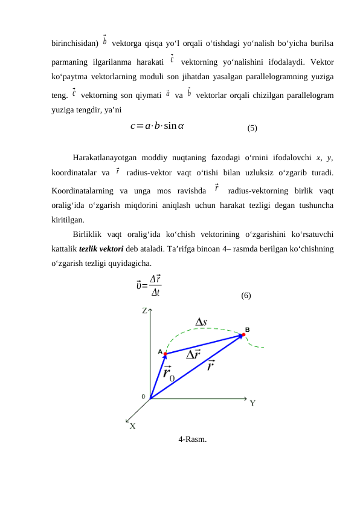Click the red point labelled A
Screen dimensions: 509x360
click(165, 354)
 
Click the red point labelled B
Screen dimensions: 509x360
click(243, 335)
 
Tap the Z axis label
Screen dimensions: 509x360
click(145, 311)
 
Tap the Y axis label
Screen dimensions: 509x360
click(254, 403)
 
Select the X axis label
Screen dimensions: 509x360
click(132, 426)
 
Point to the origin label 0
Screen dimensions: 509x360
click(143, 397)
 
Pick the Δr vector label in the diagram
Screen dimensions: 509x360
click(194, 354)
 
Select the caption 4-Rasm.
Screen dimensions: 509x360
click(192, 439)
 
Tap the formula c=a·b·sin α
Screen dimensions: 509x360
click(157, 126)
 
